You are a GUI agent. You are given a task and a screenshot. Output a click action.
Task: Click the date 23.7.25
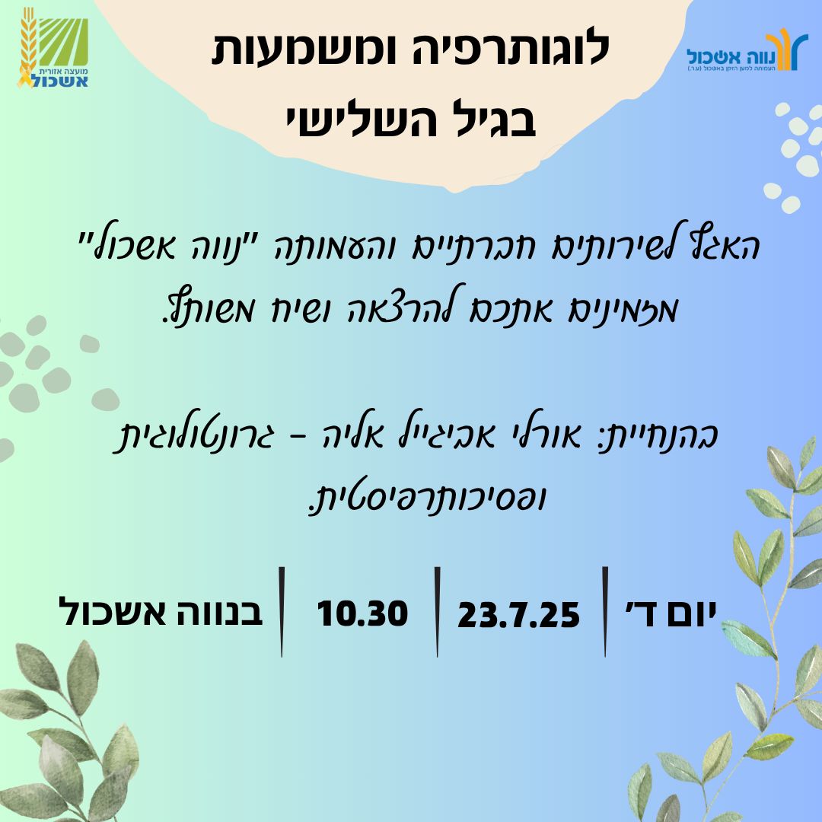pyautogui.click(x=518, y=614)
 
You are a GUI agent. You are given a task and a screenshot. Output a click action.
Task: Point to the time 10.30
pyautogui.click(x=362, y=613)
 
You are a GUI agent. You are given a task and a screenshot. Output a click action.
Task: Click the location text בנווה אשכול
pyautogui.click(x=161, y=612)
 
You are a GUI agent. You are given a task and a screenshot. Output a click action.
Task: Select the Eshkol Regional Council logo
pyautogui.click(x=53, y=48)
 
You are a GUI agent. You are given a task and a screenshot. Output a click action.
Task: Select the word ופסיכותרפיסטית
pyautogui.click(x=427, y=499)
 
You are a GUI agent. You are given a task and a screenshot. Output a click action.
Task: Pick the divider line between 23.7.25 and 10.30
pyautogui.click(x=437, y=611)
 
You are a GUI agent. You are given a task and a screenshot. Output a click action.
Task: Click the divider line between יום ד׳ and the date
pyautogui.click(x=605, y=611)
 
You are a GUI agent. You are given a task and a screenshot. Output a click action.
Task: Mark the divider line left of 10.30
pyautogui.click(x=282, y=611)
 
